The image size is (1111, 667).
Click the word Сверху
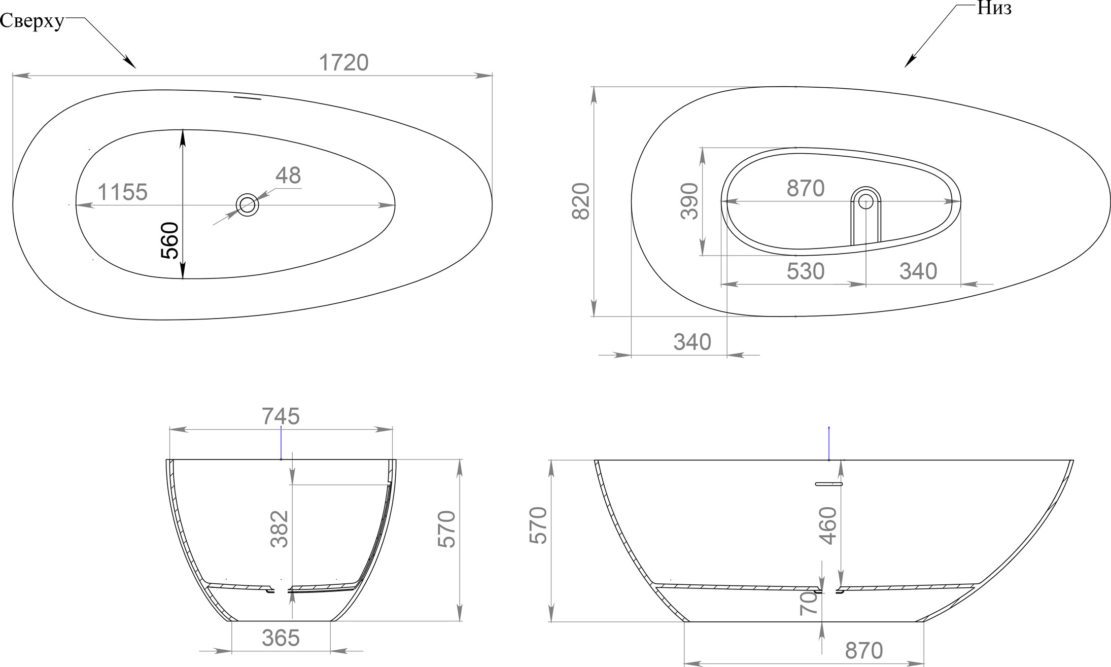(32, 21)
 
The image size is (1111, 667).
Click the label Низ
(994, 9)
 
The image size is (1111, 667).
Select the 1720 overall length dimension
(343, 63)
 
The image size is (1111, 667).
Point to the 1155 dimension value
(122, 193)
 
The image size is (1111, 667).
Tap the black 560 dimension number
(170, 240)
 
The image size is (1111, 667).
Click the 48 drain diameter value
(288, 175)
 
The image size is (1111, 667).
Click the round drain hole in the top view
(248, 205)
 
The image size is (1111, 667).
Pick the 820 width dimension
(581, 201)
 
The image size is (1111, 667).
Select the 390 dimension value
(689, 201)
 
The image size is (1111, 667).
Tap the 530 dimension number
(806, 272)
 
